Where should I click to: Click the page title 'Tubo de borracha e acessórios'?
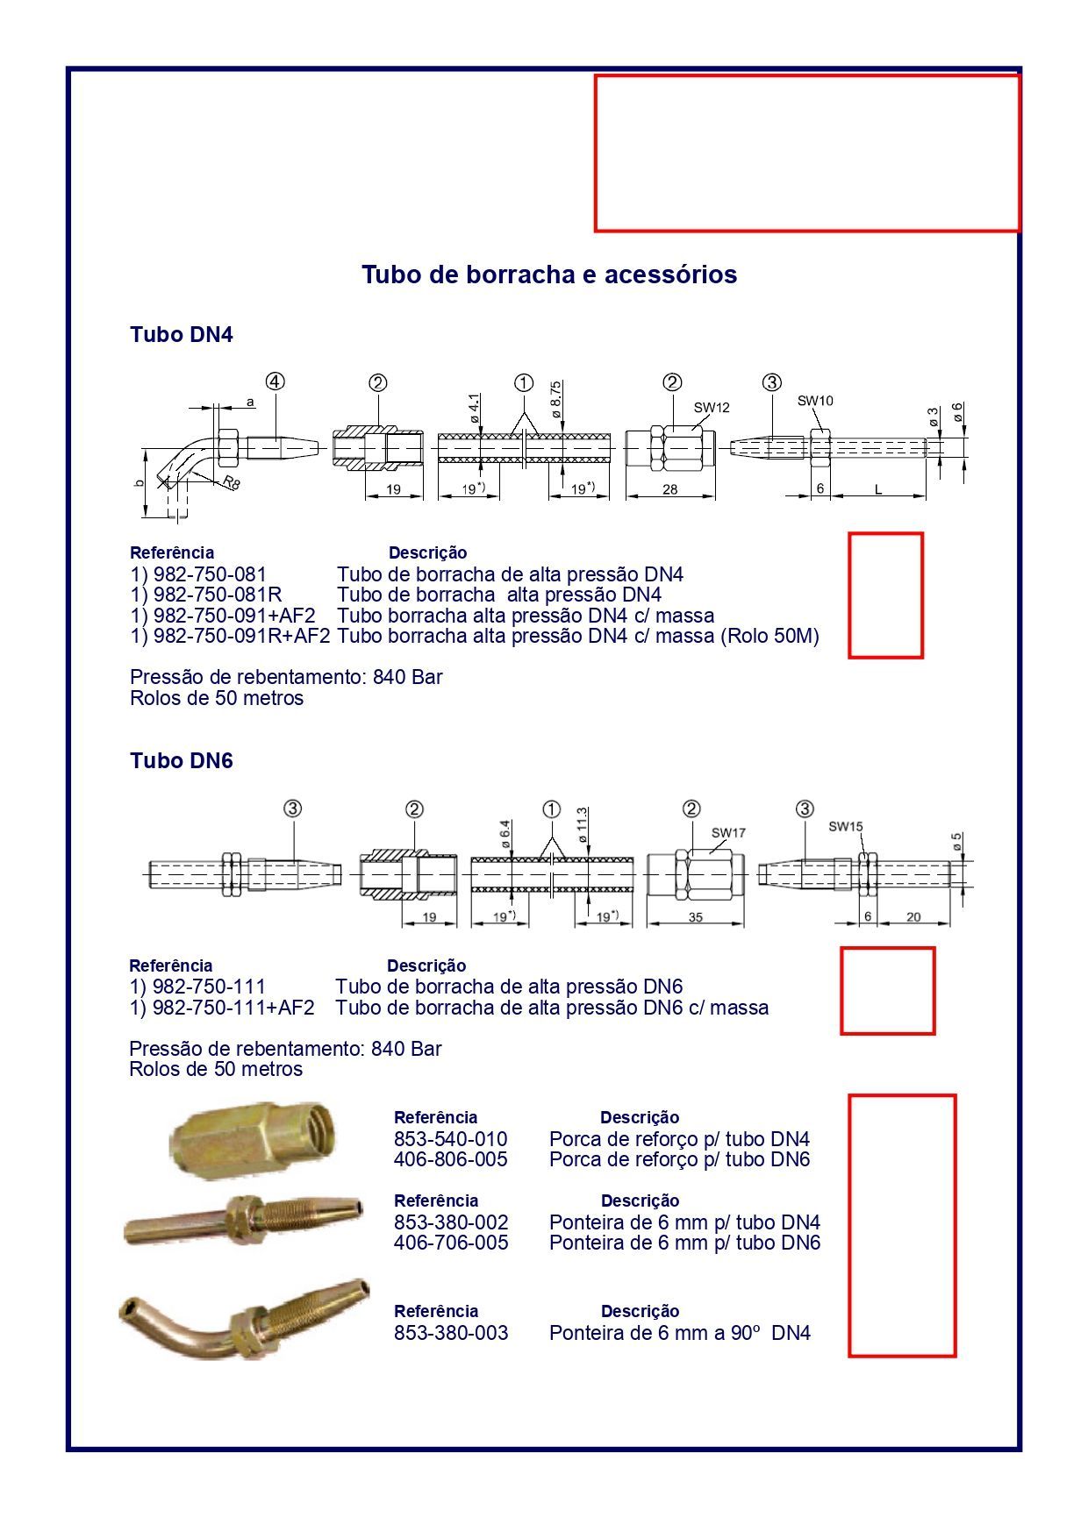[549, 274]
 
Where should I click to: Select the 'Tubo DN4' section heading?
[181, 334]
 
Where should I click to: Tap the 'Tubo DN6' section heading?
[181, 760]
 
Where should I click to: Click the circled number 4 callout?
[276, 382]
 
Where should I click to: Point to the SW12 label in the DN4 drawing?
[711, 407]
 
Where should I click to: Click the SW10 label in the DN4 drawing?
[815, 401]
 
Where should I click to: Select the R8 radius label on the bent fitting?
[230, 481]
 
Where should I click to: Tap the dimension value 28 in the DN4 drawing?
[669, 489]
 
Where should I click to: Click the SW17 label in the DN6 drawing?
[728, 832]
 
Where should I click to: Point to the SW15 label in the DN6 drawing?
[846, 826]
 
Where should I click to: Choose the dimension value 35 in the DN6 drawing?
[695, 917]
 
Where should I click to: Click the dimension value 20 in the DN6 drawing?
[913, 917]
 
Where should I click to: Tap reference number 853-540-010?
[450, 1139]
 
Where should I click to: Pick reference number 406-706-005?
[450, 1243]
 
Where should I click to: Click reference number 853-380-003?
[450, 1333]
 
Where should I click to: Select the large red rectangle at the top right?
[807, 153]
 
